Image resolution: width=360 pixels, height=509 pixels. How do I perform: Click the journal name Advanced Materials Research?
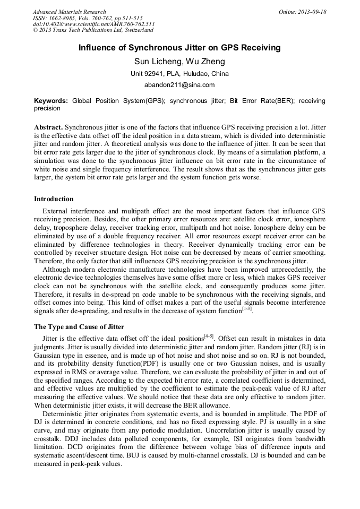point(69,12)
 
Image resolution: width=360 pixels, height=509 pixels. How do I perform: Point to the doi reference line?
point(94,24)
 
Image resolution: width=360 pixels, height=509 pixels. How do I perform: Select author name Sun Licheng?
point(157,62)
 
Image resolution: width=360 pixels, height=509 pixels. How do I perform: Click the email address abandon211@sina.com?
point(179,84)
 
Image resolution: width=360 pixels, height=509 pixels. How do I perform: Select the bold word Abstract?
point(48,128)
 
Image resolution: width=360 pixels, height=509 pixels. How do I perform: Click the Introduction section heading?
point(54,199)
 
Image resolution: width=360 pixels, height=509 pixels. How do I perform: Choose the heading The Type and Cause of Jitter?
point(79,326)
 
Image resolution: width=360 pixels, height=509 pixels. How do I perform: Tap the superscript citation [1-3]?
point(246,309)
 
